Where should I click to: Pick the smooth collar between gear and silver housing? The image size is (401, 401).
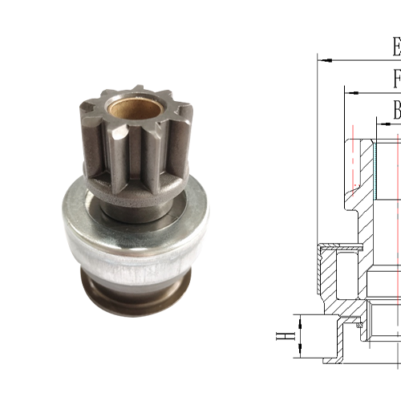click(120, 211)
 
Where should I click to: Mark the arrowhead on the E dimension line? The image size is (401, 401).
click(323, 59)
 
